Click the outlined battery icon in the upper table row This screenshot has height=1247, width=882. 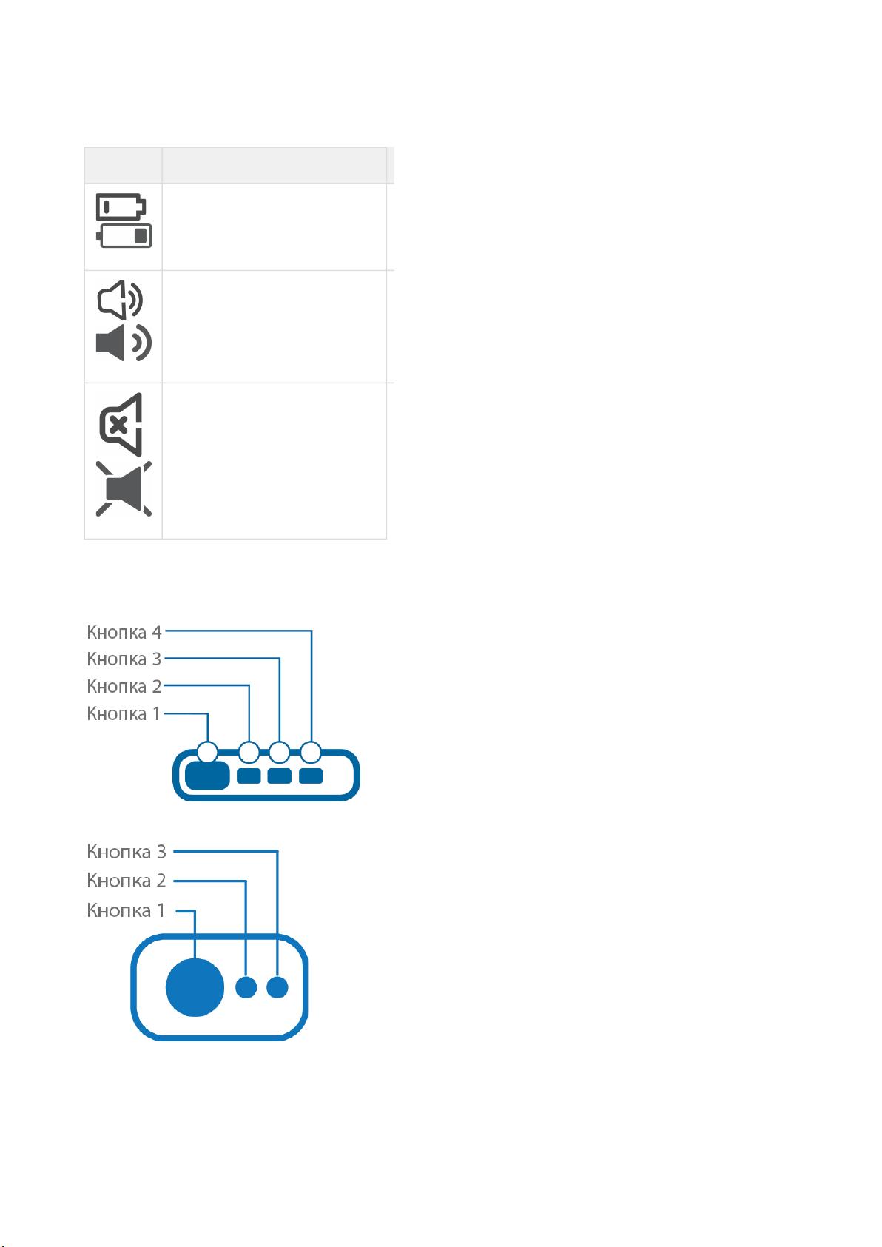point(121,206)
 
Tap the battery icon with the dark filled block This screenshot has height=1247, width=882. point(124,235)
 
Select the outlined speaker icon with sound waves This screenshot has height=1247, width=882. point(120,300)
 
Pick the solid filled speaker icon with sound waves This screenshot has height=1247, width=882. point(124,343)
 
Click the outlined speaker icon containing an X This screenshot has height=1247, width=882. point(121,425)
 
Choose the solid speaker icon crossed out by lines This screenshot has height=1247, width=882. point(124,488)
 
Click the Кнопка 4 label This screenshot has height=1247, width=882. point(124,632)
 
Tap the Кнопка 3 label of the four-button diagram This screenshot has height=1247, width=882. point(124,659)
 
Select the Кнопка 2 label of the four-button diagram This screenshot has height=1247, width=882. point(124,686)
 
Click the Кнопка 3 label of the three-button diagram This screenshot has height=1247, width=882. point(127,851)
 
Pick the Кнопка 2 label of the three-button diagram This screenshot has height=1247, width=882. point(127,880)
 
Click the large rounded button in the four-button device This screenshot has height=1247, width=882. point(207,776)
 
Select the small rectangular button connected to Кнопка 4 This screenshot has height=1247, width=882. point(311,776)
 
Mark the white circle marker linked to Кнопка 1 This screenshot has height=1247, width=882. point(208,752)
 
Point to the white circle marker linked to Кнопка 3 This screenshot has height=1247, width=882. point(280,752)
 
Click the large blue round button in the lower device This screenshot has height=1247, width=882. point(195,987)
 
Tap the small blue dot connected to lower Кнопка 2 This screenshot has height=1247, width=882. point(246,987)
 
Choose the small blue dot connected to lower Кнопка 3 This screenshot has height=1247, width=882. point(277,987)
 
